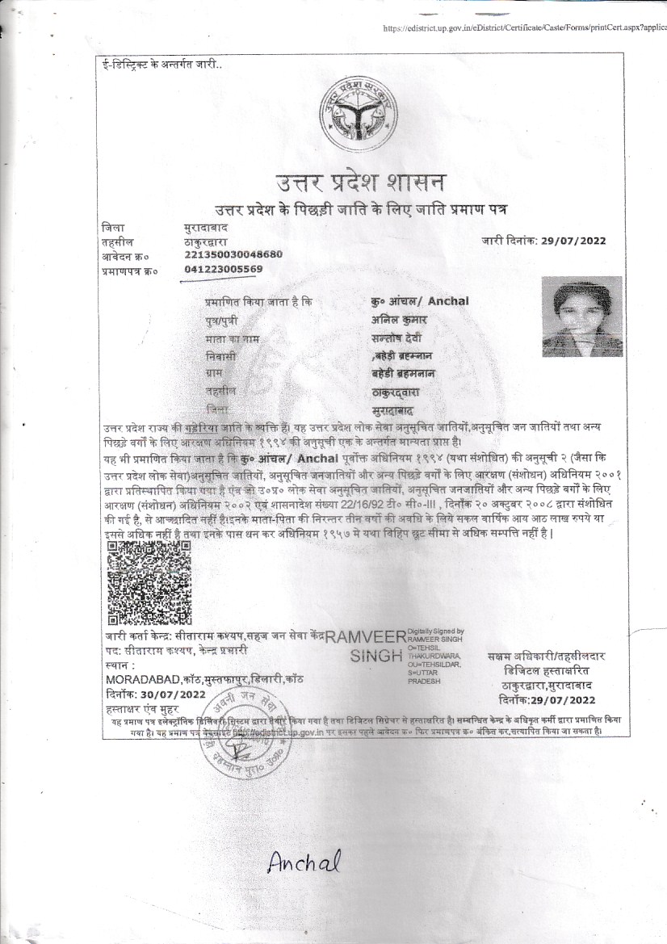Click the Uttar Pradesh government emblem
tap(354, 116)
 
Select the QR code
tap(149, 582)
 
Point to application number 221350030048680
tap(233, 254)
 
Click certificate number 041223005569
tap(224, 269)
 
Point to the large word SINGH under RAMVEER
tap(377, 657)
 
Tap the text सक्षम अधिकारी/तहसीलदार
tap(547, 658)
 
